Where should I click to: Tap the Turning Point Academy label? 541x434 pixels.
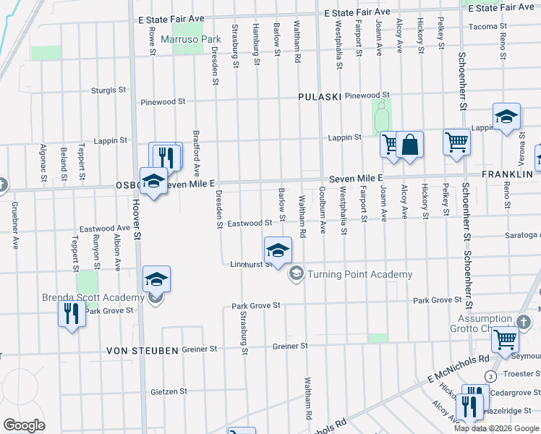(359, 274)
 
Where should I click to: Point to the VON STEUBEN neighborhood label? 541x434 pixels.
(142, 350)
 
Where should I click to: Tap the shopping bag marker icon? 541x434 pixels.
(409, 145)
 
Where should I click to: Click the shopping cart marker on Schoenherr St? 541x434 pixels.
(456, 142)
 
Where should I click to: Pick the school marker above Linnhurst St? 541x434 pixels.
(277, 250)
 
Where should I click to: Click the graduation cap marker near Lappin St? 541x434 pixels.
(507, 116)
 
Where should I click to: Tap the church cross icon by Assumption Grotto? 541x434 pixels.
(524, 321)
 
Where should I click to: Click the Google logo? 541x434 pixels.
(25, 425)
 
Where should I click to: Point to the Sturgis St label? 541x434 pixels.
(108, 90)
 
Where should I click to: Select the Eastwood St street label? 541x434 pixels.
(249, 224)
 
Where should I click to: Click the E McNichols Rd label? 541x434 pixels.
(458, 367)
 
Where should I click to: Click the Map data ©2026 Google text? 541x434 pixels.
(496, 428)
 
